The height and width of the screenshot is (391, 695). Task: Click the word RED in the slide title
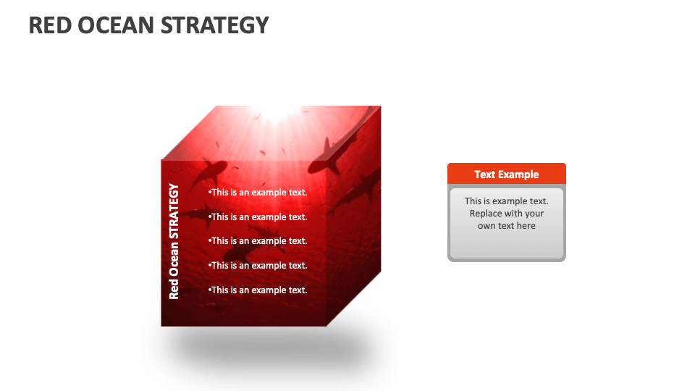pyautogui.click(x=49, y=25)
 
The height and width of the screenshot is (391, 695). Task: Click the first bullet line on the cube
pyautogui.click(x=258, y=193)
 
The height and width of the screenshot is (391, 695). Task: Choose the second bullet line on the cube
pyautogui.click(x=258, y=216)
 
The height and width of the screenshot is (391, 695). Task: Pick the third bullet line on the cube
pyautogui.click(x=258, y=241)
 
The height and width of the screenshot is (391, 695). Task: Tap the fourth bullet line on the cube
pyautogui.click(x=258, y=266)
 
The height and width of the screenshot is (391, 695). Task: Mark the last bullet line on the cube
pyautogui.click(x=258, y=290)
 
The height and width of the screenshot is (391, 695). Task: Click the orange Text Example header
pyautogui.click(x=506, y=174)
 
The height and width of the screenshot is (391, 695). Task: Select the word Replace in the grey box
pyautogui.click(x=489, y=214)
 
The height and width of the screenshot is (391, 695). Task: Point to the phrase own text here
pyautogui.click(x=506, y=226)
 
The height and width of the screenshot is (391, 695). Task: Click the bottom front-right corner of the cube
pyautogui.click(x=326, y=326)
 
